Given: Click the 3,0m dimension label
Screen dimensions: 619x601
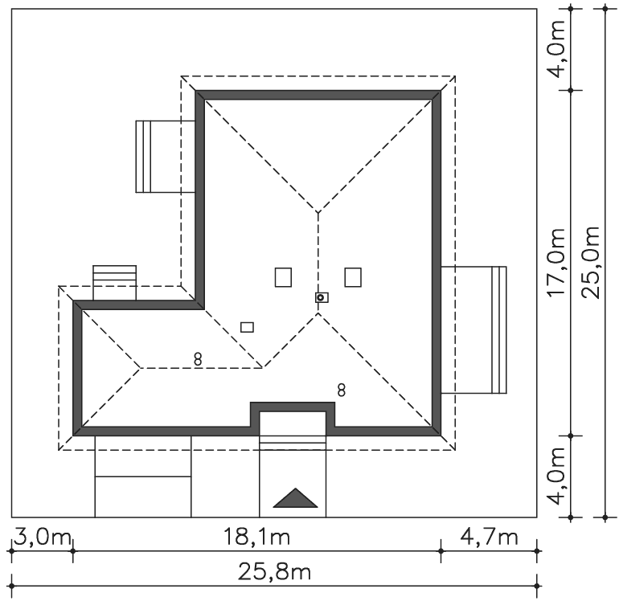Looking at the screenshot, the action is pos(43,537).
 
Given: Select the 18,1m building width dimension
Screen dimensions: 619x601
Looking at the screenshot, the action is pos(256,537).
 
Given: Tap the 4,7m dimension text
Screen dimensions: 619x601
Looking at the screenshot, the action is pos(489,537).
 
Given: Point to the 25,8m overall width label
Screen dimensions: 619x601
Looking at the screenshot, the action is pos(274,572).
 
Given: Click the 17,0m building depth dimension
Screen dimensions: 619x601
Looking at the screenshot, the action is pos(556,263).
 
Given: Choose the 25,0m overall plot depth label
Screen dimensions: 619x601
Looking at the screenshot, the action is pos(591,263).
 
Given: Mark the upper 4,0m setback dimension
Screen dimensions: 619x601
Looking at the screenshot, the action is pos(556,49).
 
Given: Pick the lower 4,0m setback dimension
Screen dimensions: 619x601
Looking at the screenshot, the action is pos(556,476).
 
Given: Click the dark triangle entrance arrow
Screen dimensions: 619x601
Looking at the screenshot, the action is pos(295,498).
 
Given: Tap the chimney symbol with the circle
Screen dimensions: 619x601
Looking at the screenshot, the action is pos(322,297).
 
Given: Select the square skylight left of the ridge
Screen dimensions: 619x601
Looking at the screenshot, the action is pos(283,277).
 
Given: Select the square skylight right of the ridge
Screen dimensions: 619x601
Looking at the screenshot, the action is pos(353,277).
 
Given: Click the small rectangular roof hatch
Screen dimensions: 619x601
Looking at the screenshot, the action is pos(247,327).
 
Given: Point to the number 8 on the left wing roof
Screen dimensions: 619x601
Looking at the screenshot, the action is pos(198,359).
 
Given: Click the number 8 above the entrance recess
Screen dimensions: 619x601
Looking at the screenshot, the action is pos(342,390).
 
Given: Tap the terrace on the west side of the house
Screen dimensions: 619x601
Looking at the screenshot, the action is pos(166,157).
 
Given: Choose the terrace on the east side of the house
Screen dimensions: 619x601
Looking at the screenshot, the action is pos(473,330).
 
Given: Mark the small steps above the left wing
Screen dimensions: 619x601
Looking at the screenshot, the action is pos(114,283).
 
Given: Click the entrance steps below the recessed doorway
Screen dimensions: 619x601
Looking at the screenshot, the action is pos(293,443).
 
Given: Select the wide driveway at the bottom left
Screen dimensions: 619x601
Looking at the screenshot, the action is pos(143,476).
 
